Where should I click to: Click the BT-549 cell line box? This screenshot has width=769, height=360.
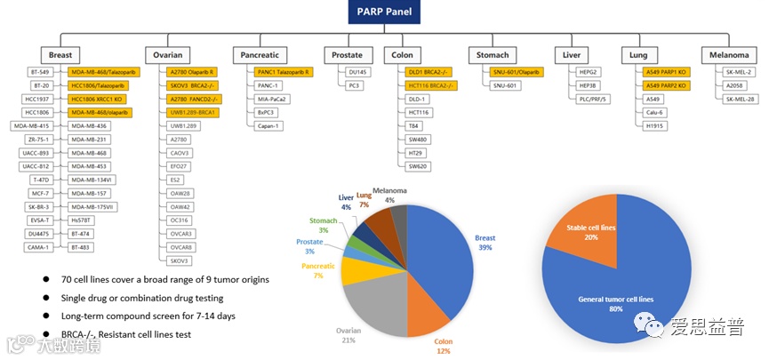[x=40, y=71]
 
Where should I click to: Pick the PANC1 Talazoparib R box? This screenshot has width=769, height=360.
[x=283, y=71]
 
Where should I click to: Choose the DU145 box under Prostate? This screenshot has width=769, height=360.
[x=357, y=71]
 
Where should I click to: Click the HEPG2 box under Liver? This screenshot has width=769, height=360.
[x=588, y=71]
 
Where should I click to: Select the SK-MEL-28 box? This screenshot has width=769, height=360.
[x=739, y=99]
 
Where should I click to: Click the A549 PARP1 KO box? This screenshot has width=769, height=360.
[x=666, y=71]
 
